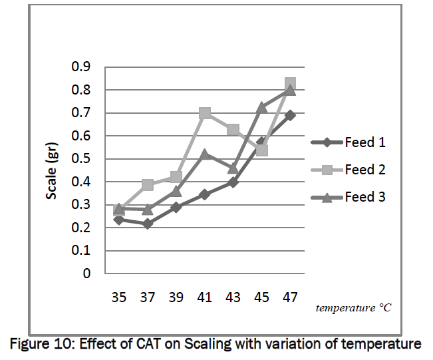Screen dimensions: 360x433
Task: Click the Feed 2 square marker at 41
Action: (x=204, y=113)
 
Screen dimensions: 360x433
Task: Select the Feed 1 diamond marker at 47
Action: (x=290, y=115)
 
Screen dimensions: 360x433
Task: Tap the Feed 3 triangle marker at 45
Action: (x=261, y=106)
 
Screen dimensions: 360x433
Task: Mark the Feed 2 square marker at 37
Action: (x=147, y=184)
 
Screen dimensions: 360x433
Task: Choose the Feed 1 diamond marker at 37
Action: (x=147, y=224)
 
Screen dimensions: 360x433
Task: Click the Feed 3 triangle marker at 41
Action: (x=204, y=154)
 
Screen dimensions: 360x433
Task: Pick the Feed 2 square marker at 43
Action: (x=233, y=129)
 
